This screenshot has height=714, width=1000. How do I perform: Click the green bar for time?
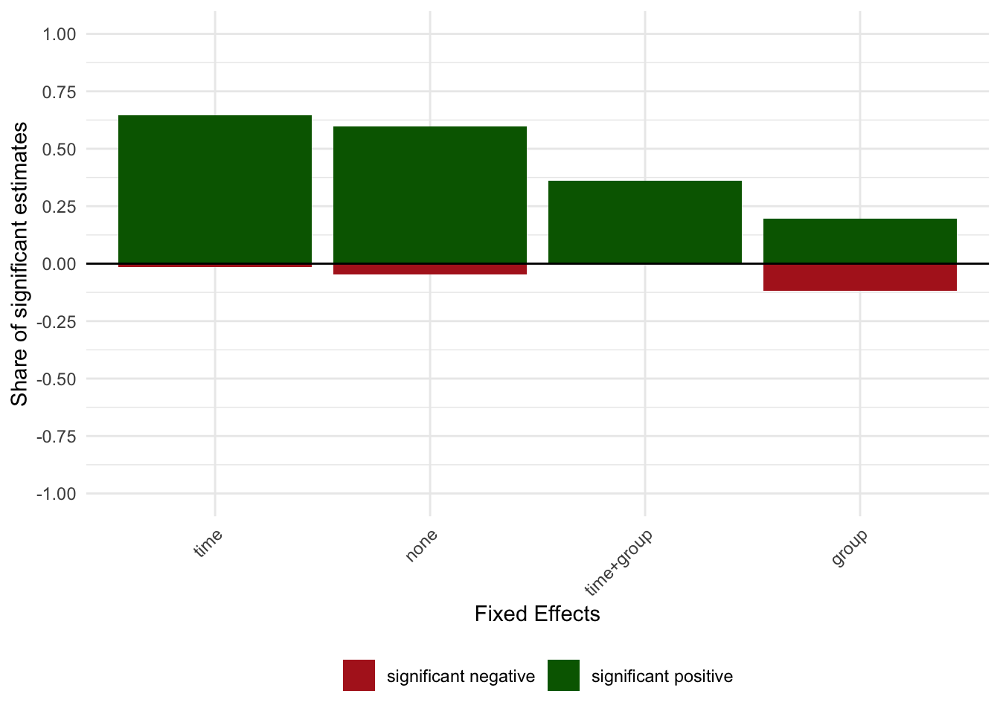[x=215, y=189]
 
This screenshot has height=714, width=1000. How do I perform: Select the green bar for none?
[x=430, y=195]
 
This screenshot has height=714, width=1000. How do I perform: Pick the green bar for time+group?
[x=645, y=222]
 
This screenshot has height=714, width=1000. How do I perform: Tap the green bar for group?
[x=860, y=241]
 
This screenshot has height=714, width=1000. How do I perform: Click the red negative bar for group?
[x=860, y=277]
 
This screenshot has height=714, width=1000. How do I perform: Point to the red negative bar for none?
[x=430, y=269]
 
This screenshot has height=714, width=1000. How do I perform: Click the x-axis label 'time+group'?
[x=619, y=562]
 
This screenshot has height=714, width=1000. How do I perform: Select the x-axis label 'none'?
[x=422, y=545]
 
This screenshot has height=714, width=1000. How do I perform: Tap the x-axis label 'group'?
[x=850, y=547]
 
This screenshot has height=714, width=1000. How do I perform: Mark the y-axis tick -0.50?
[x=55, y=379]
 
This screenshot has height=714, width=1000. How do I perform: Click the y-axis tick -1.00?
[x=55, y=494]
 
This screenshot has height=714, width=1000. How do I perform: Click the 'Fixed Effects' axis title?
[x=537, y=614]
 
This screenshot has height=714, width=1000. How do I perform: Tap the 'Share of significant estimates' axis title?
[x=19, y=264]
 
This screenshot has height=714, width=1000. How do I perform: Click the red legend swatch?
[x=359, y=675]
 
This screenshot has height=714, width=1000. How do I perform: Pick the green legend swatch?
[x=563, y=675]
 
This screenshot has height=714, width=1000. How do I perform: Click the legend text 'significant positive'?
[x=661, y=676]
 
